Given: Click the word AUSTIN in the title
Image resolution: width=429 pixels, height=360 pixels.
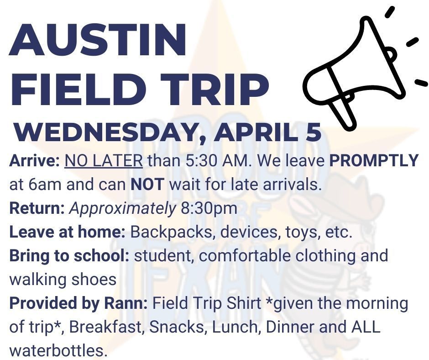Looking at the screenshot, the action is pos(98,39).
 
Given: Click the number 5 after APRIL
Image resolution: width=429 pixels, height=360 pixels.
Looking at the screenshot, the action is pos(314,132).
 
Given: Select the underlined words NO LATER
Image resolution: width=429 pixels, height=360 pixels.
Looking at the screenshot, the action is pos(104,160).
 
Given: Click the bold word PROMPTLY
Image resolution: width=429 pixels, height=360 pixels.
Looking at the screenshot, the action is pos(374,160).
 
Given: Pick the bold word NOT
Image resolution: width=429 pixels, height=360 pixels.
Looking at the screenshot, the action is pos(147,185).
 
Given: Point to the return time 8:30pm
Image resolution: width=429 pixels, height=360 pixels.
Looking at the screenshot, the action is pos(209,208).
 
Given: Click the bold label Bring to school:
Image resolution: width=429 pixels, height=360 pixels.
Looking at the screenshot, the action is pos(69,256).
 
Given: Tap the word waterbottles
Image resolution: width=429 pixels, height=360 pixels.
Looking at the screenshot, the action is pos(58,351).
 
